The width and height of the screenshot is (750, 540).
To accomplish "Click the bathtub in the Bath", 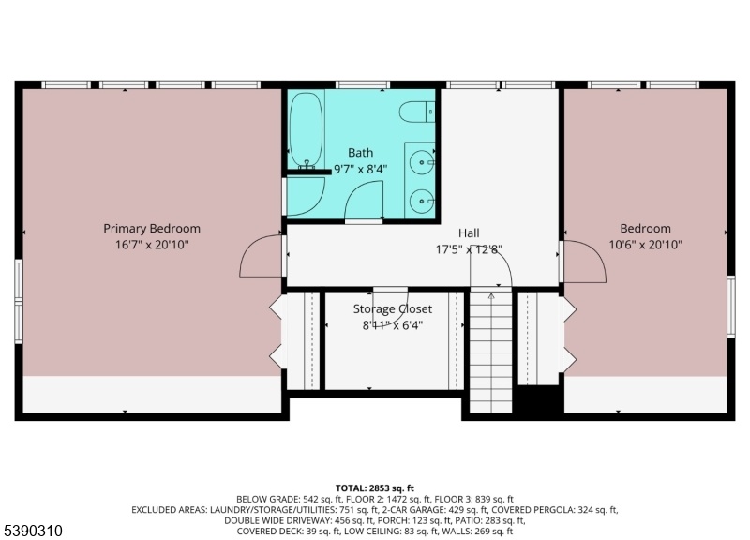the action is tap(307, 129).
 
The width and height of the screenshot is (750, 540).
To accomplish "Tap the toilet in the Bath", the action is tap(417, 112).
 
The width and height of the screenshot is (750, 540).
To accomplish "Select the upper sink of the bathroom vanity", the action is tap(422, 162).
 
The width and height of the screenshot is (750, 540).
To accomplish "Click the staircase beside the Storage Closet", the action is tap(491, 352).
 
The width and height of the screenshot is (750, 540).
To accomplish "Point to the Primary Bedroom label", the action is tap(152, 228).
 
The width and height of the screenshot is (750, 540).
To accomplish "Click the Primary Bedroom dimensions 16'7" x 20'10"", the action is tap(152, 245).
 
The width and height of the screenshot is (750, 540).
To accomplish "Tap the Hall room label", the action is tap(469, 232).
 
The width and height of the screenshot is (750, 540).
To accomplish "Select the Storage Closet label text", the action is tap(393, 309).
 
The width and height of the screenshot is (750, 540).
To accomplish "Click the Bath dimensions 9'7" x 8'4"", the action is tap(360, 169).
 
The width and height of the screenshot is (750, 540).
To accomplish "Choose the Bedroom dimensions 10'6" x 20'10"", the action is tap(645, 245).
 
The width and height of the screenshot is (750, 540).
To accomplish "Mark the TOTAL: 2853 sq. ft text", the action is tap(374, 488).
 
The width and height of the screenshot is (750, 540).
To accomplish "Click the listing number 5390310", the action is tap(34, 531).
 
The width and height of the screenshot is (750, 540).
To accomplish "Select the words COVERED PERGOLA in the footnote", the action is tap(532, 510).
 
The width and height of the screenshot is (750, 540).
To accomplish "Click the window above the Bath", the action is tap(363, 84).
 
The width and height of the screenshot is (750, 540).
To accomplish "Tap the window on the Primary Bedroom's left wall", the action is tap(18, 301).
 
